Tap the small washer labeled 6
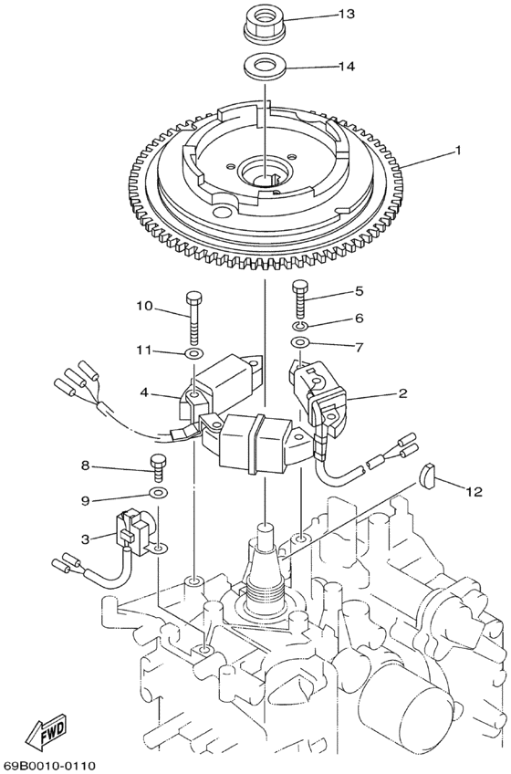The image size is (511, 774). coord(301,325)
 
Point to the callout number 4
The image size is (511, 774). coord(144,394)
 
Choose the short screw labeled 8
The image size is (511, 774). coord(159,465)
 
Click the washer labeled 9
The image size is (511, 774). coord(159,493)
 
